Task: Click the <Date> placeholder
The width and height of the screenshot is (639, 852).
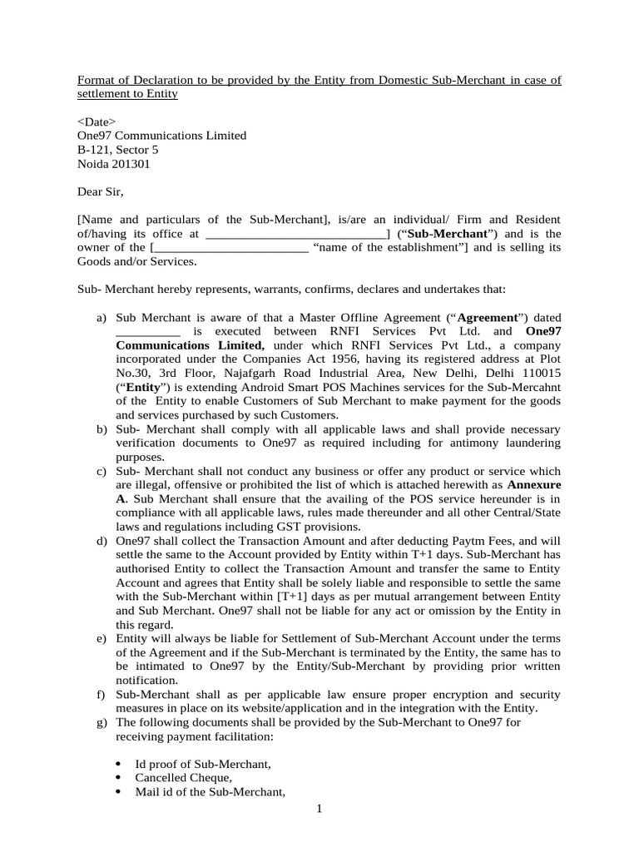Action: pyautogui.click(x=97, y=121)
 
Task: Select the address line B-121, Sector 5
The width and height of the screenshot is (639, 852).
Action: pyautogui.click(x=117, y=150)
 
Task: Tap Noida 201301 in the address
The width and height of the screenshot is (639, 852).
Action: pyautogui.click(x=114, y=164)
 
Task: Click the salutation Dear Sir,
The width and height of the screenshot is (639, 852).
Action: pyautogui.click(x=100, y=192)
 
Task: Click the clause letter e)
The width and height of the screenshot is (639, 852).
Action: pyautogui.click(x=102, y=639)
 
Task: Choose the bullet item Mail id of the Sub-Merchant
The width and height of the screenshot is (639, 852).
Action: pyautogui.click(x=211, y=792)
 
